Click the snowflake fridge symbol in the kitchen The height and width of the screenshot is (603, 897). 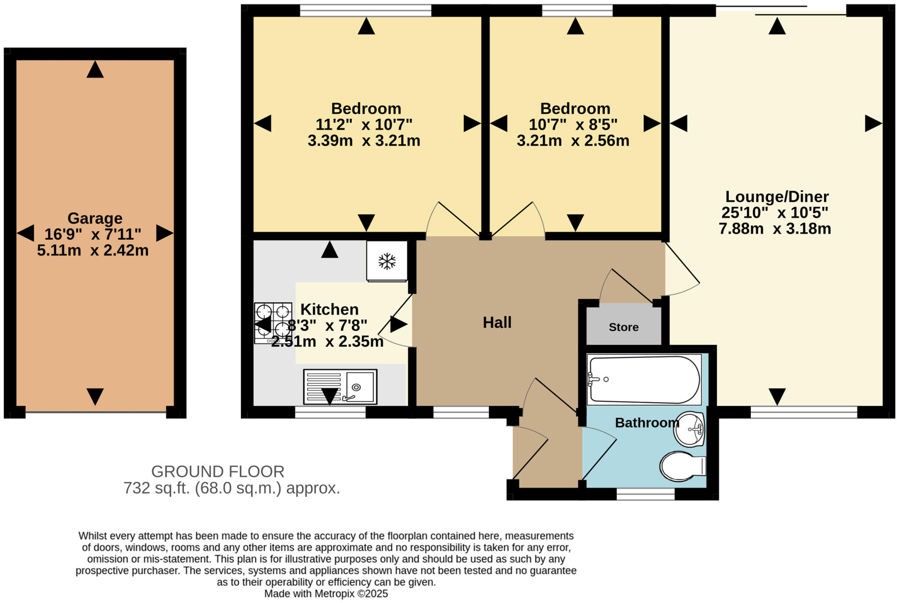pos(387,261)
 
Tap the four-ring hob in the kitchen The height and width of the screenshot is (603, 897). pos(273,323)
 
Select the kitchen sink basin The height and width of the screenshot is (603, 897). pos(360,387)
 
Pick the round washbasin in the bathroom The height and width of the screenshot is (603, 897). pos(689,429)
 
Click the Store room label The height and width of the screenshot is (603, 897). pos(623,327)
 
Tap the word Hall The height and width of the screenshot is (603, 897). pos(497,323)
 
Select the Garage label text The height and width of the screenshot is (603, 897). pos(95,218)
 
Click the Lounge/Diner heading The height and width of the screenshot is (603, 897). pos(777,196)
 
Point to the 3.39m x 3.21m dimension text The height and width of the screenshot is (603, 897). pos(364,141)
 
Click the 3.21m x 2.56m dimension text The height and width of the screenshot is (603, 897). pos(573,141)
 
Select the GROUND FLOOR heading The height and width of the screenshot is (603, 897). pos(218,472)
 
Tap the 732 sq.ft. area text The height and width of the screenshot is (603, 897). pos(231,488)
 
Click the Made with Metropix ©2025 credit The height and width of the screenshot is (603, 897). pos(326,594)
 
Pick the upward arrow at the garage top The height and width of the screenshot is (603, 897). pos(95,70)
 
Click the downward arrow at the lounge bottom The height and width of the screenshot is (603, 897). pos(777,396)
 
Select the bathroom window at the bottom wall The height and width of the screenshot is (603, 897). pos(646,494)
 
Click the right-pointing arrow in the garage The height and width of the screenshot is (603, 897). pos(164,233)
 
